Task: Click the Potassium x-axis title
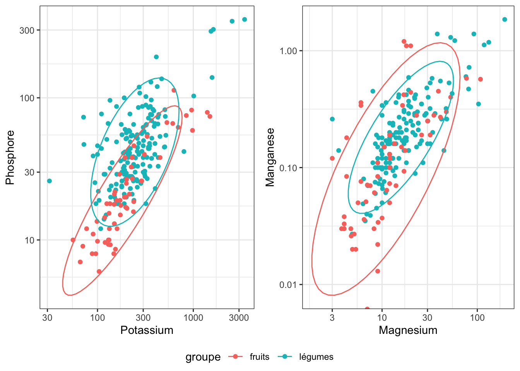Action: tap(147, 330)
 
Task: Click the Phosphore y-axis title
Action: tap(10, 157)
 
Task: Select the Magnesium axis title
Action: tap(408, 330)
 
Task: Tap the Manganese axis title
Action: tap(270, 157)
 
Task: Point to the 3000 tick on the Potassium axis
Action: tap(239, 318)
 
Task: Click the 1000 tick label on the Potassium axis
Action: tap(193, 318)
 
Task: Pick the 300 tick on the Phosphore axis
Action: tap(27, 30)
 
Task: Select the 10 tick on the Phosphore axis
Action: tap(29, 240)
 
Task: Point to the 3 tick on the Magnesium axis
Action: tap(332, 318)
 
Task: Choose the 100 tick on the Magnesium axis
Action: tap(477, 318)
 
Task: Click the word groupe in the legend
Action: tap(203, 357)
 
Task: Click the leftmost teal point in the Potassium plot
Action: tap(49, 181)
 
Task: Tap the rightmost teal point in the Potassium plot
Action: tap(245, 19)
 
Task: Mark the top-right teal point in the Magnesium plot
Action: tap(505, 19)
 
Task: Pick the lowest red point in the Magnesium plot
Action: tap(367, 309)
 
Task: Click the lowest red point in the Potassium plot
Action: tap(99, 271)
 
